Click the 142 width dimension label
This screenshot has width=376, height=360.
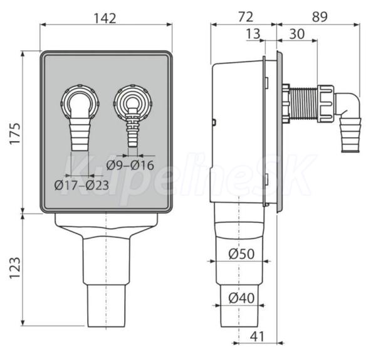[x=105, y=18]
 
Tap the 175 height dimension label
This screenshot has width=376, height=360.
[x=15, y=133]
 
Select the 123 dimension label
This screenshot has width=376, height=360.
[x=15, y=268]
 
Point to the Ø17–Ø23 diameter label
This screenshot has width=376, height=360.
[x=81, y=185]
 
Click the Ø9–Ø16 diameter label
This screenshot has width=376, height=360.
[x=130, y=165]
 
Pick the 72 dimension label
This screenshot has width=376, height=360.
[x=246, y=17]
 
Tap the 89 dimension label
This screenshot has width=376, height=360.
[x=320, y=17]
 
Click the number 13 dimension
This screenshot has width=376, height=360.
[x=253, y=34]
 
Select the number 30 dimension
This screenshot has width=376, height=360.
[x=297, y=34]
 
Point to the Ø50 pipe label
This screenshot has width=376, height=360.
[x=241, y=254]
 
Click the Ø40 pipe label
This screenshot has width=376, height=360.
[x=241, y=298]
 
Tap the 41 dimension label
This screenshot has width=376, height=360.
[x=257, y=336]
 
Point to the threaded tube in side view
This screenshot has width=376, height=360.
[x=304, y=105]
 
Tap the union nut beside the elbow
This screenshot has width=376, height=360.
[x=326, y=103]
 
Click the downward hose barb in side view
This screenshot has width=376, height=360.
[x=350, y=135]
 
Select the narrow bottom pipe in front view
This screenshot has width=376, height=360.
[x=106, y=305]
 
